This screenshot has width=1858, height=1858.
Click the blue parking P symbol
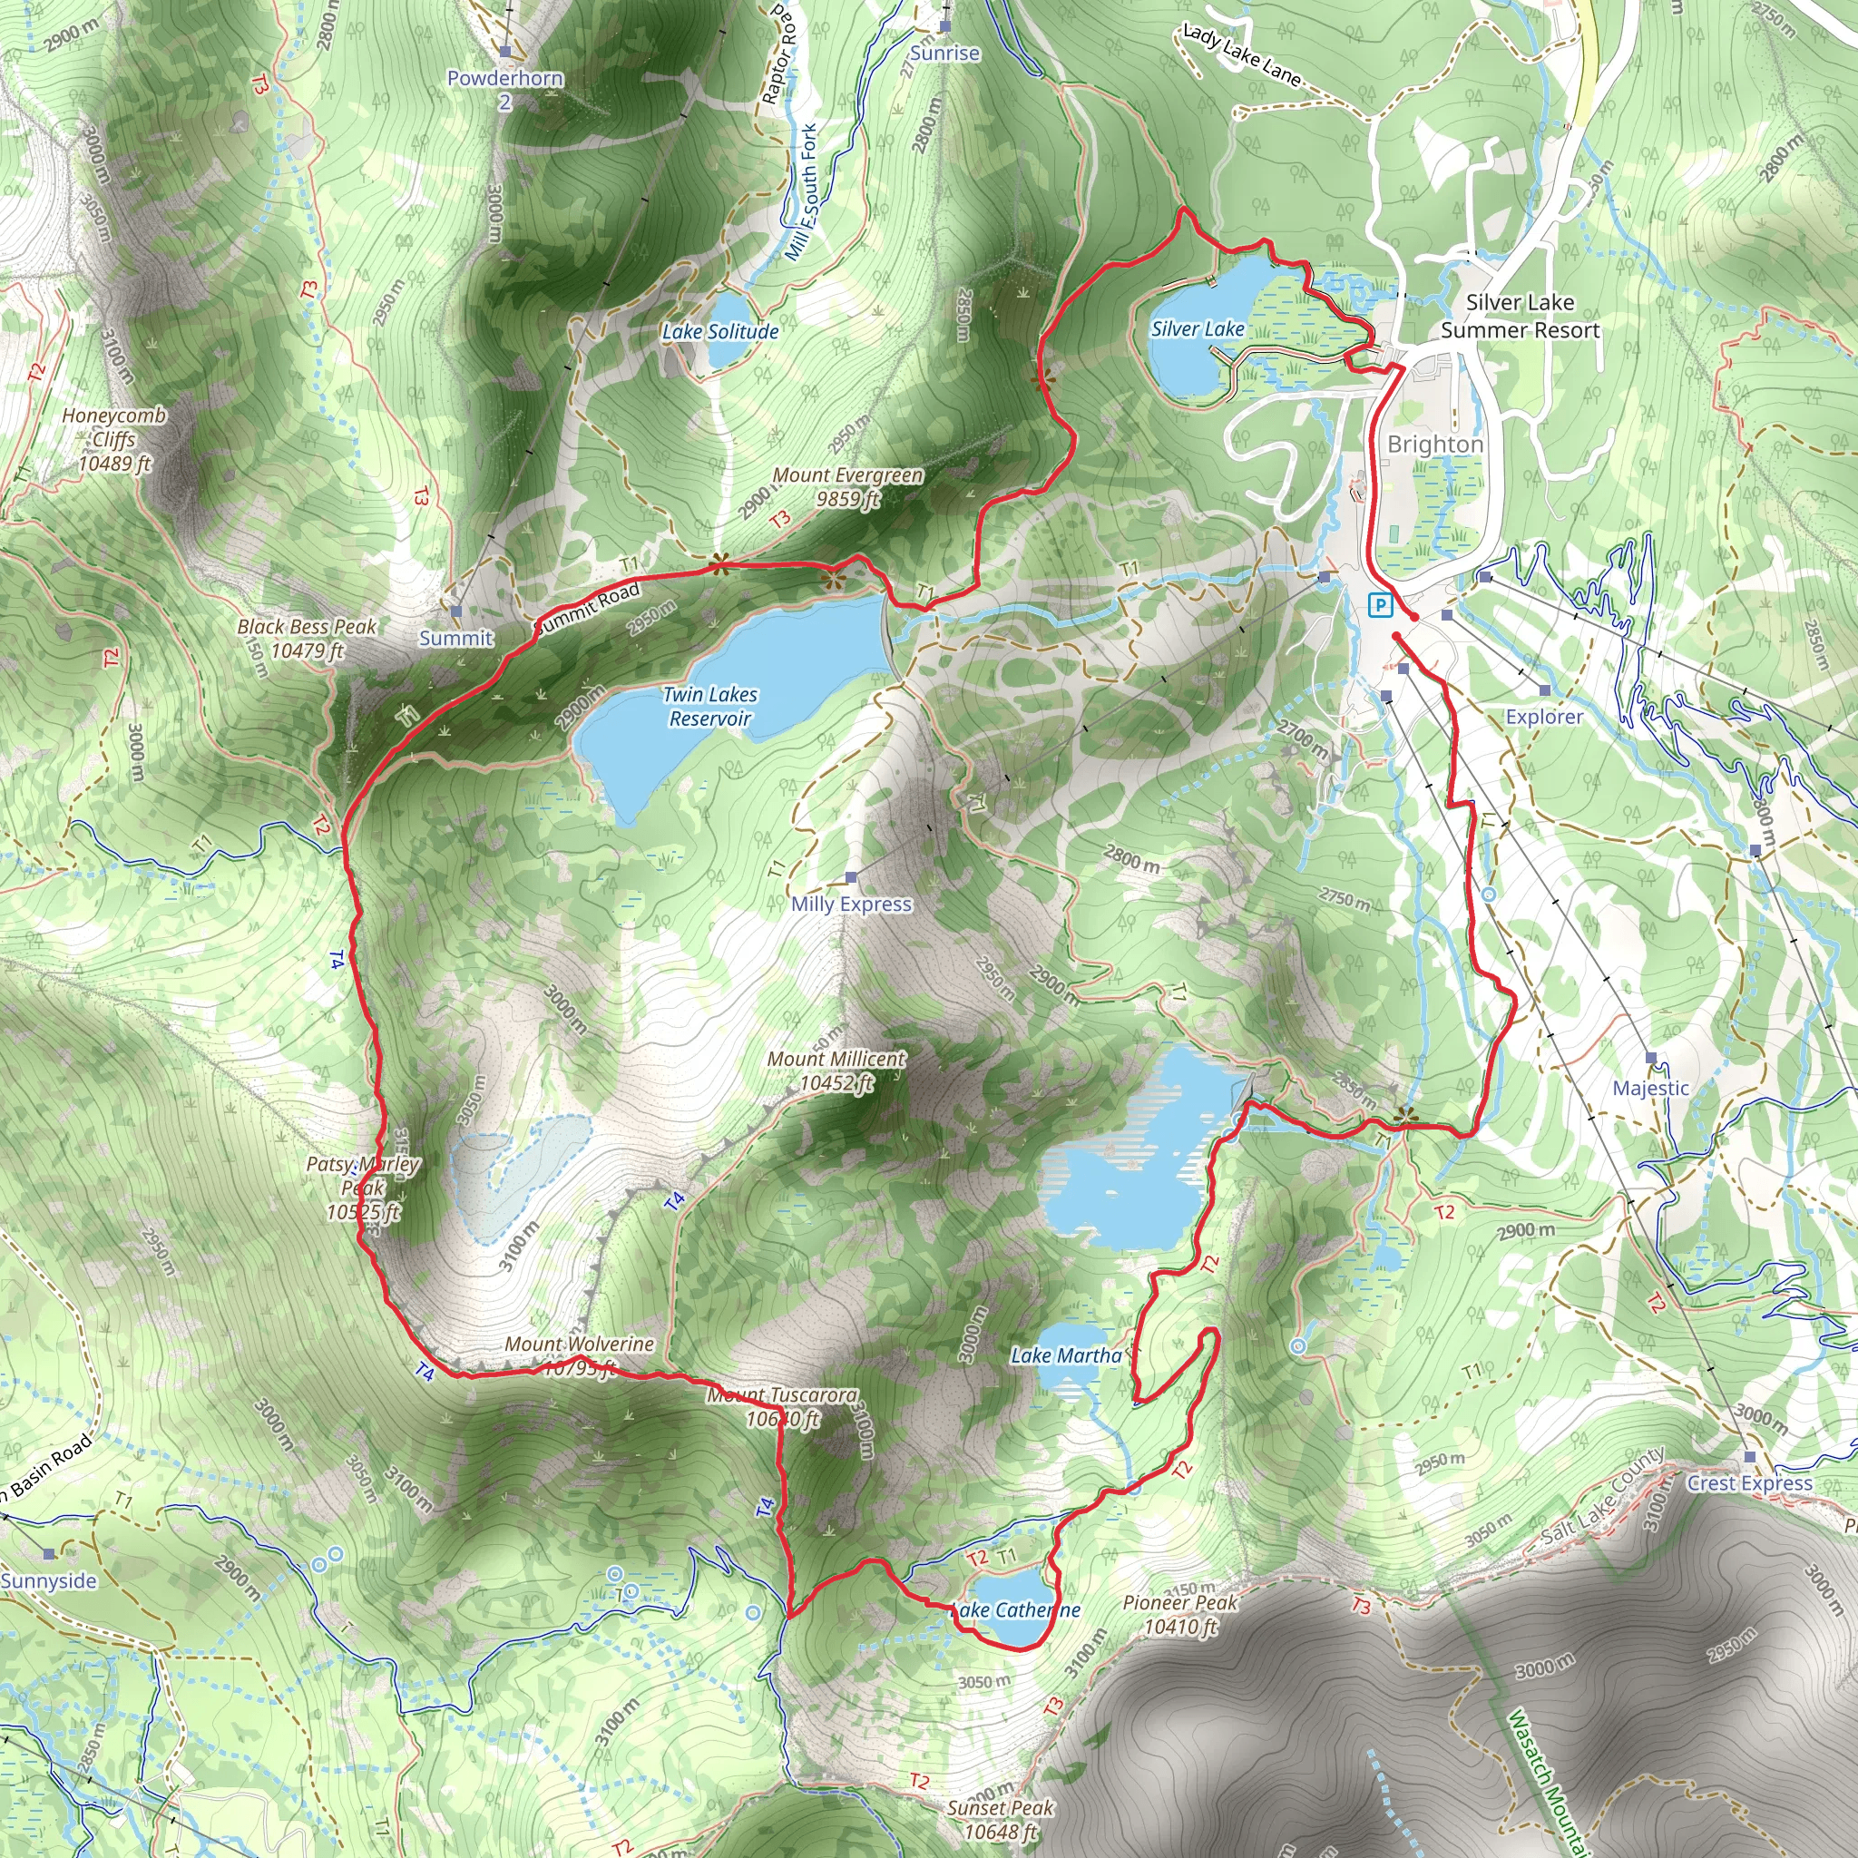coord(1380,605)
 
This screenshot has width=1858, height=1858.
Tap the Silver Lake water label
coord(1198,329)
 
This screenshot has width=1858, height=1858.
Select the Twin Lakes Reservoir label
coord(709,707)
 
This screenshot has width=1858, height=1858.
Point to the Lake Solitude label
coord(720,332)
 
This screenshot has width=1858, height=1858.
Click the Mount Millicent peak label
coord(836,1071)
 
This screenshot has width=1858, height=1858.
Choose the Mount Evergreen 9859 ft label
coord(847,486)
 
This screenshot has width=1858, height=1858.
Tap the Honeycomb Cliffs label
coord(114,439)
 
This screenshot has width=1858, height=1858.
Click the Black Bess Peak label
coord(307,639)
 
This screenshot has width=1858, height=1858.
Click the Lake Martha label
coord(1066,1356)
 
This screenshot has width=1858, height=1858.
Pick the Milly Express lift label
coord(851,904)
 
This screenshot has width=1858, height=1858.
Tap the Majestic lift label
coord(1650,1088)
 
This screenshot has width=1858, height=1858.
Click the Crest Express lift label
coord(1749,1483)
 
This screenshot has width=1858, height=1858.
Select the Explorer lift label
coord(1543,717)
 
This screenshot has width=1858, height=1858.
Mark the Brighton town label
coord(1435,445)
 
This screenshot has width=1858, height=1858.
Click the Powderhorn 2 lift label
coord(505,89)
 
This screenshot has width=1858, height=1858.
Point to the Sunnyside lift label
coord(49,1581)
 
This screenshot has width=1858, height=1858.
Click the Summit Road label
coord(587,609)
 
